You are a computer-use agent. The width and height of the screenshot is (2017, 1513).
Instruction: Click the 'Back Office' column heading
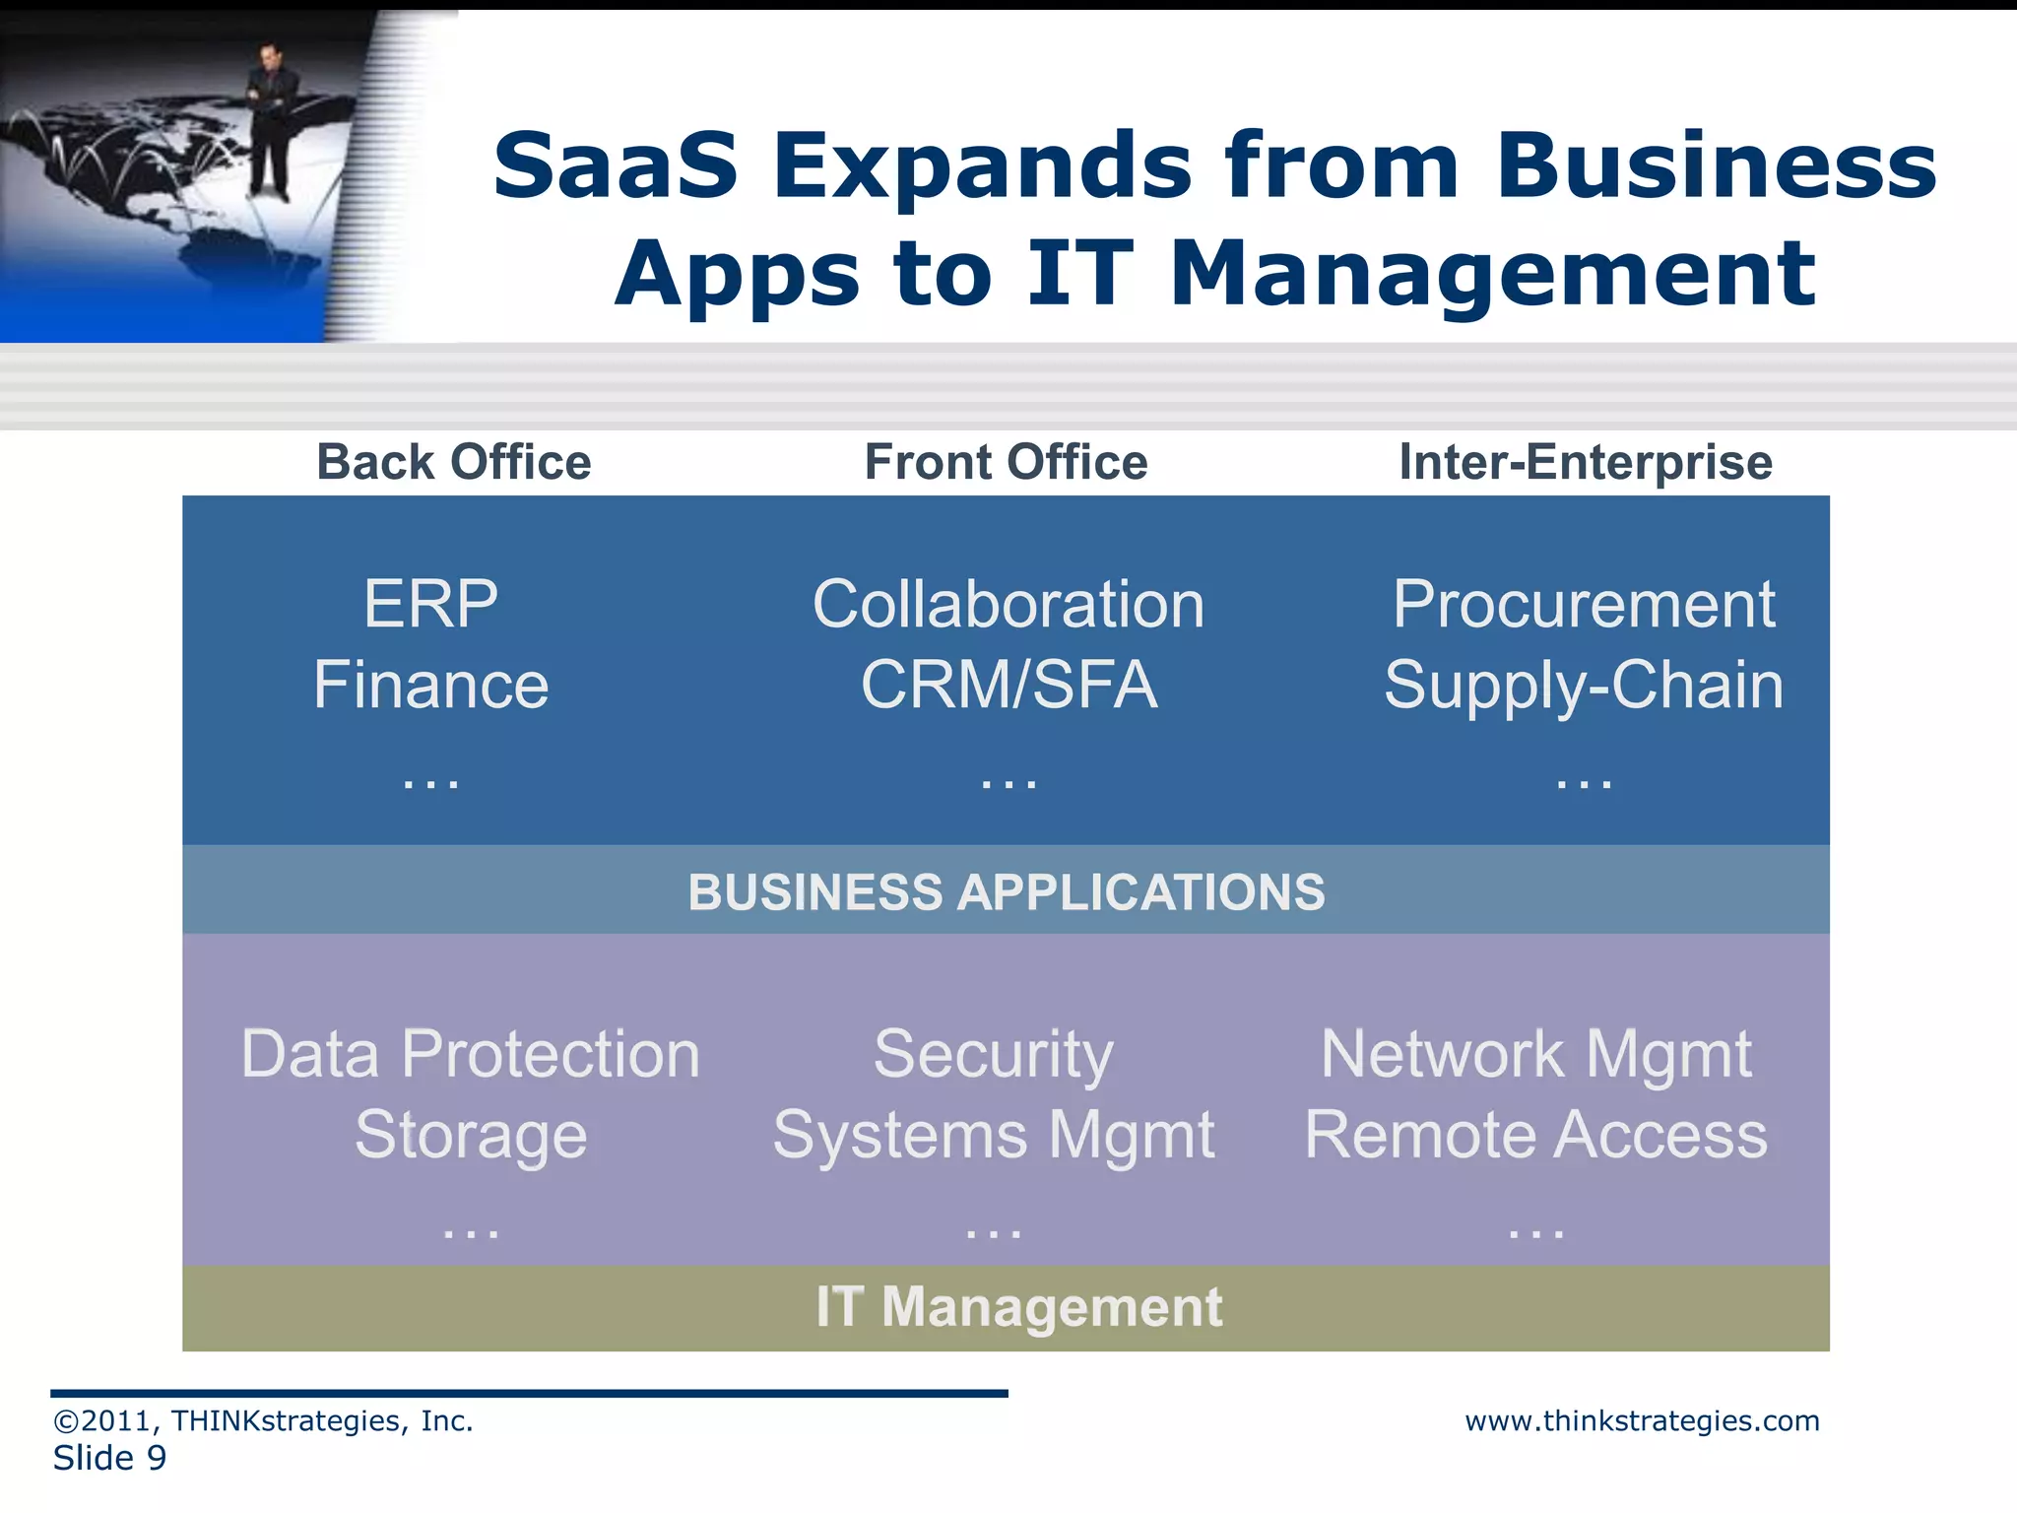click(453, 462)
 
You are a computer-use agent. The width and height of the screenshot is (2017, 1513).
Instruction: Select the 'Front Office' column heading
click(1006, 462)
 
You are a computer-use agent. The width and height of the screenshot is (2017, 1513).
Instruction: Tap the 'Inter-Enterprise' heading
click(1585, 462)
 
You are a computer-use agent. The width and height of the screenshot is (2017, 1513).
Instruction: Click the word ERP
click(430, 604)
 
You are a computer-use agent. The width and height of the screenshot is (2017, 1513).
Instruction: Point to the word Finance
click(430, 685)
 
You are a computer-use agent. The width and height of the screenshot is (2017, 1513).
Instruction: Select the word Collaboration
click(1008, 604)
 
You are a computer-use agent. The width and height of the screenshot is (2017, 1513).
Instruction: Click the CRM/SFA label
click(1008, 685)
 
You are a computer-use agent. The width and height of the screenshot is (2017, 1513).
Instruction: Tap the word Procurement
click(1583, 604)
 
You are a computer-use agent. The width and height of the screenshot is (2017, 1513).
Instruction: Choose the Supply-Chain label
click(1583, 685)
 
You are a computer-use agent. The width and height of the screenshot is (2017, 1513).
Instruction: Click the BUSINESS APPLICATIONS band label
click(1006, 891)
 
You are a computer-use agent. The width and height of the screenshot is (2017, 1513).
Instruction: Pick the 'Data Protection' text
click(471, 1054)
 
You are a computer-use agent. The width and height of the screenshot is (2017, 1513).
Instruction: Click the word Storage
click(471, 1135)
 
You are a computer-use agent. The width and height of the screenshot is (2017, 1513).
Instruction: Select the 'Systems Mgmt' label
click(993, 1135)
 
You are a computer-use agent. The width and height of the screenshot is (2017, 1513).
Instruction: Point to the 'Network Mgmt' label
click(1535, 1054)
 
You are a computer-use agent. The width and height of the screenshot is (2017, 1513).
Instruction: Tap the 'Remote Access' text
click(1535, 1135)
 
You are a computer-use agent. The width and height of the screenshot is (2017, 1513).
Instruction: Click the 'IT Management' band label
click(1018, 1307)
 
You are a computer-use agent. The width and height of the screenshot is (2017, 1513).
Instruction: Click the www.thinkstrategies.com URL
click(1642, 1420)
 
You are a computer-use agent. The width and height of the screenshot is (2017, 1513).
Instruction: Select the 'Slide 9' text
click(109, 1458)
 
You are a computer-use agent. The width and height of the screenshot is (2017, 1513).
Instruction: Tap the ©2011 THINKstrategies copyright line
click(263, 1420)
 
